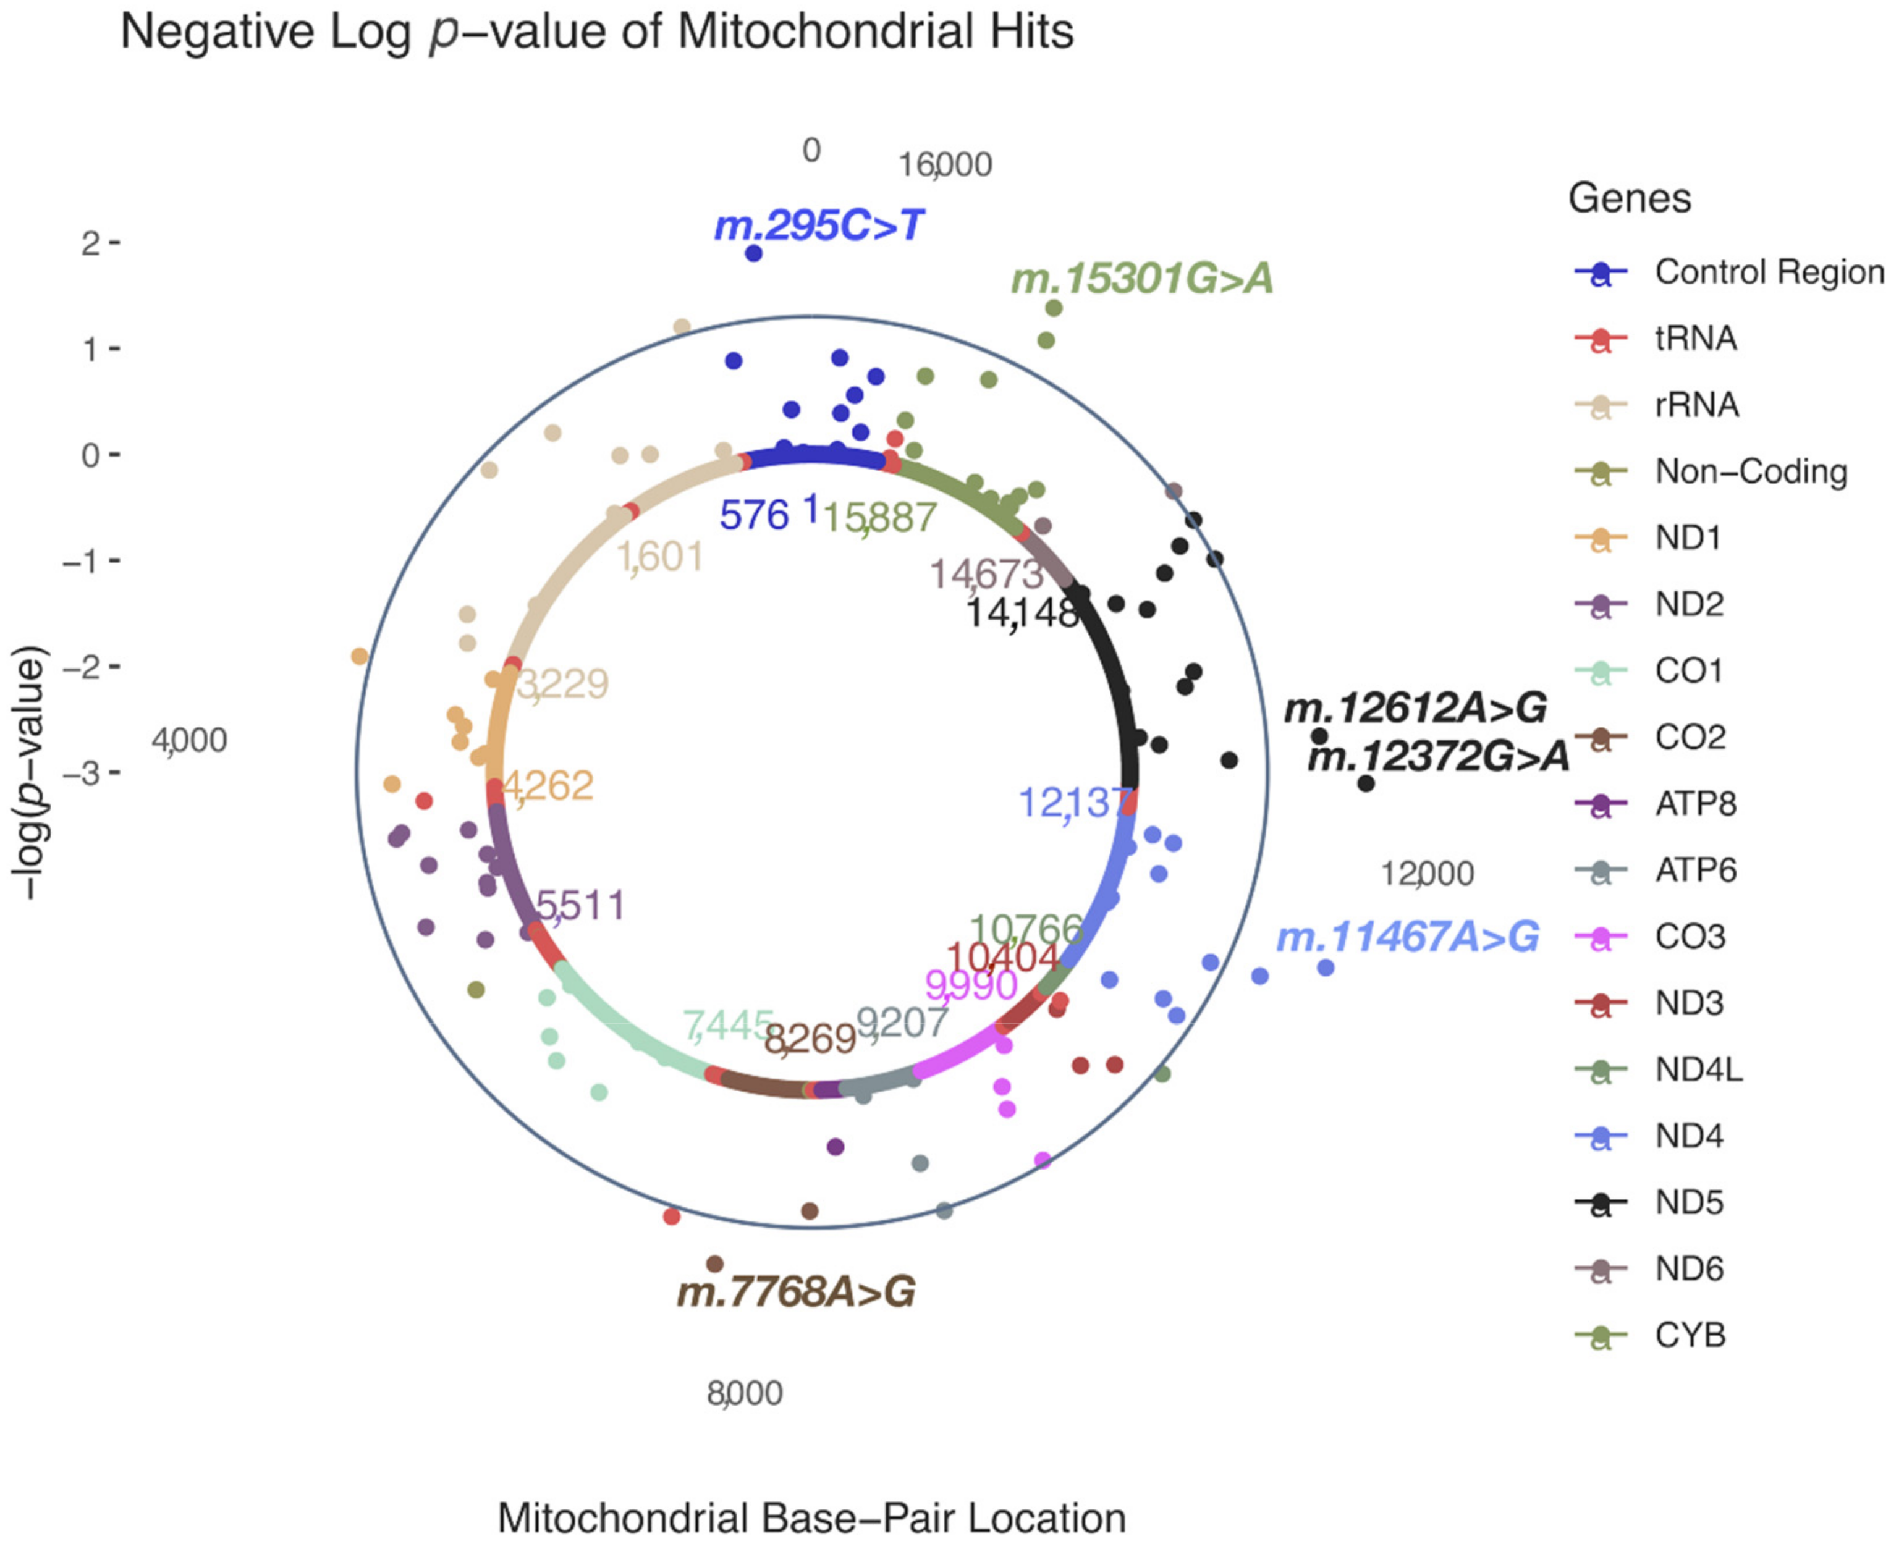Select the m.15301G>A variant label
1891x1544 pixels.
tap(1142, 279)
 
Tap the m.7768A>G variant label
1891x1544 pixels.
tap(796, 1293)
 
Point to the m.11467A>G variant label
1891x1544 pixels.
tap(1407, 937)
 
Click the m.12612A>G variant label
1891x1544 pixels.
tap(1415, 709)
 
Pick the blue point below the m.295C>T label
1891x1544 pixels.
tap(753, 253)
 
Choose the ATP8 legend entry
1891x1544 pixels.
tap(1695, 804)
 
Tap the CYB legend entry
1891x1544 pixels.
tap(1690, 1335)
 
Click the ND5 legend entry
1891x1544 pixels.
tap(1689, 1202)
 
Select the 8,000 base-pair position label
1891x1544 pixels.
tap(745, 1393)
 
